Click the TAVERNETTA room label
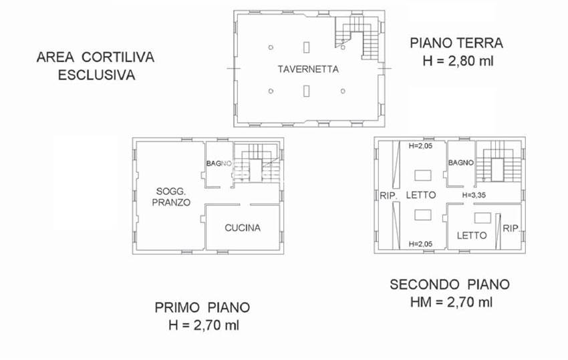[308, 69]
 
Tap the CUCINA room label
[242, 228]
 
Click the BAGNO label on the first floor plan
[219, 164]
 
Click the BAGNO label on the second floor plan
[461, 163]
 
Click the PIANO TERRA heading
[456, 43]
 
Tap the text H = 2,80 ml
[456, 61]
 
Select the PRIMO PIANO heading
[202, 308]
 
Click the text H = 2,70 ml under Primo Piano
[202, 326]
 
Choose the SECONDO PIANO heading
[450, 285]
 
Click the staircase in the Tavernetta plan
[358, 37]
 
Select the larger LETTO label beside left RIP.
[422, 195]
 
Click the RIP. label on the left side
[389, 196]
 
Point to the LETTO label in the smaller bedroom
[472, 235]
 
